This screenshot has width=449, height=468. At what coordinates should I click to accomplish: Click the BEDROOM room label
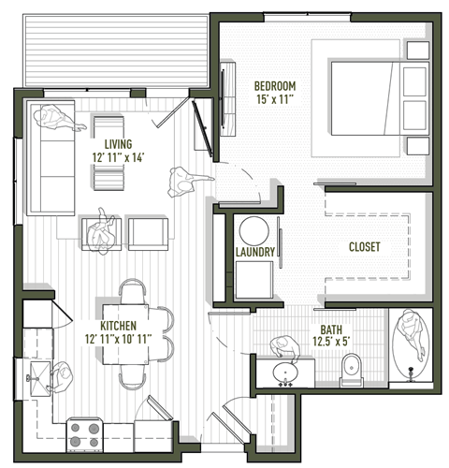tap(274, 86)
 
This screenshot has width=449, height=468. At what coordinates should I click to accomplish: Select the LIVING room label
tap(118, 143)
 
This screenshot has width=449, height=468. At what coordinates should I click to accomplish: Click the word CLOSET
tap(363, 246)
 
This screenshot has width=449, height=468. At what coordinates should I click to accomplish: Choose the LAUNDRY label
tap(254, 253)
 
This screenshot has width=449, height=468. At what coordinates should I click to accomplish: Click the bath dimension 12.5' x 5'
tap(331, 343)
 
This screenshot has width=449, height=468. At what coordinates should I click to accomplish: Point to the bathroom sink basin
tap(284, 372)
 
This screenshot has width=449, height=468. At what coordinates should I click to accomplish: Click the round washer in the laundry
tap(252, 230)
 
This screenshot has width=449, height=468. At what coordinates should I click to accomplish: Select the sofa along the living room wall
tap(51, 159)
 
